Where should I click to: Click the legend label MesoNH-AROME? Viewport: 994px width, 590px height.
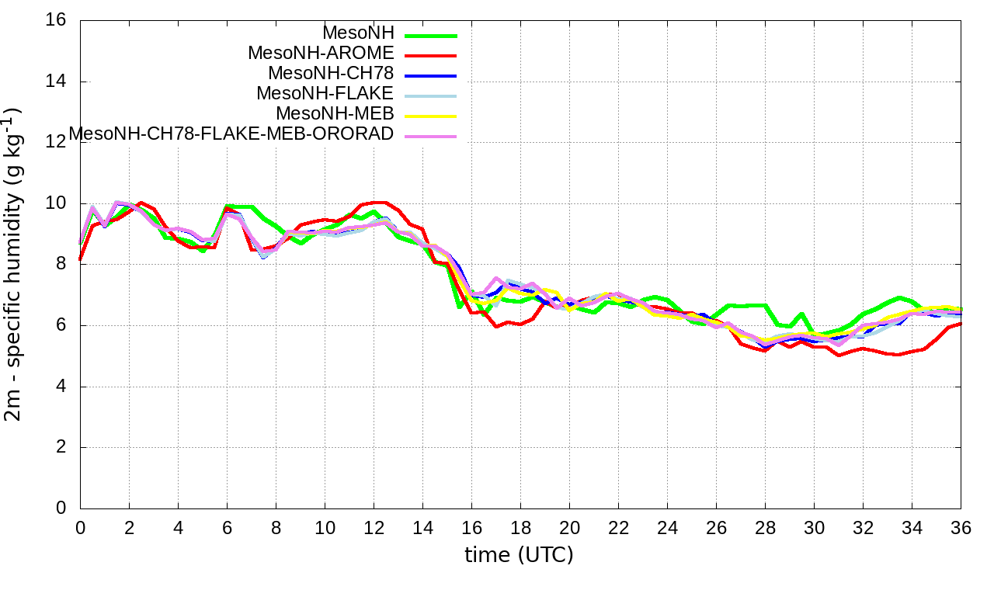(321, 54)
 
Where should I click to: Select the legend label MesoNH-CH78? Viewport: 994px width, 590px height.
(331, 74)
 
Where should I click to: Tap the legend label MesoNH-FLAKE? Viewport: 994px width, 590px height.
(325, 94)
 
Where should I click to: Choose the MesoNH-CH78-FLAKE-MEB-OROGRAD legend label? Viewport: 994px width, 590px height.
(231, 134)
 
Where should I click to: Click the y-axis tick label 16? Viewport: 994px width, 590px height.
(57, 20)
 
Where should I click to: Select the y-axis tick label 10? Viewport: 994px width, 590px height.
(57, 203)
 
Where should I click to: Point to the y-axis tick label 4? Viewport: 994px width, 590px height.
(61, 387)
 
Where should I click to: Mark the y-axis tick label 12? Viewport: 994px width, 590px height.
(57, 142)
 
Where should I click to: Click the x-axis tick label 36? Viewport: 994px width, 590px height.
(961, 527)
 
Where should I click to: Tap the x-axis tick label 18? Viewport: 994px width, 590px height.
(520, 527)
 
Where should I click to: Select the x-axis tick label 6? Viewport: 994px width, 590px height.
(227, 527)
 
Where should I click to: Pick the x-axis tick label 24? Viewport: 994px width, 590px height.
(667, 527)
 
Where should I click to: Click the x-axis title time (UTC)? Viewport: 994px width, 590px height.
(519, 555)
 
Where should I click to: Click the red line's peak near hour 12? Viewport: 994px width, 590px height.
(380, 203)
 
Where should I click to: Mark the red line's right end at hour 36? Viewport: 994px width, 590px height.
(961, 323)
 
